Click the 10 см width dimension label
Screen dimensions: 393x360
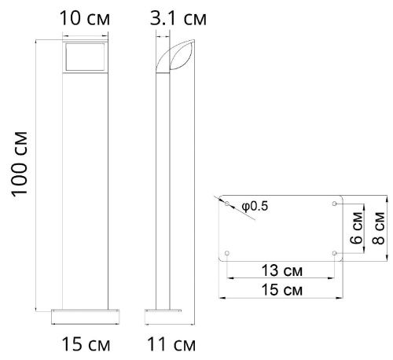(x=85, y=18)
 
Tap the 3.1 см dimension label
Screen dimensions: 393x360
(x=178, y=18)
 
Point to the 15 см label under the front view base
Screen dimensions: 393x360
(x=86, y=344)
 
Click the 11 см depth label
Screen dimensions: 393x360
(x=171, y=344)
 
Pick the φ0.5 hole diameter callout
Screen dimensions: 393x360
(x=255, y=207)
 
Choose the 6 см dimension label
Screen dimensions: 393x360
(x=356, y=228)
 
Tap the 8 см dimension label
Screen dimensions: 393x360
(x=378, y=228)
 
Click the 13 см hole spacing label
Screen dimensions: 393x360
(x=282, y=270)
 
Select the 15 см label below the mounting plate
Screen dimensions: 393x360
(x=282, y=290)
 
